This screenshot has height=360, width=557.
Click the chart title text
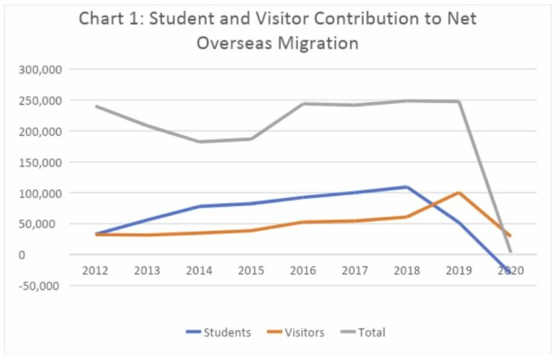click(x=278, y=30)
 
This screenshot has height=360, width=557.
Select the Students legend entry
click(x=227, y=333)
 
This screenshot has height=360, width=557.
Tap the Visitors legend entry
click(x=304, y=333)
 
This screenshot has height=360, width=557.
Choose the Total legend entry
click(x=371, y=333)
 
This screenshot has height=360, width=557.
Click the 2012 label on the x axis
click(x=96, y=271)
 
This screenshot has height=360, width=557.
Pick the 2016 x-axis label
click(x=303, y=271)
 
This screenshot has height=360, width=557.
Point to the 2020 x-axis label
click(x=511, y=271)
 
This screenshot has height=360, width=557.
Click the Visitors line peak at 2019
click(x=459, y=193)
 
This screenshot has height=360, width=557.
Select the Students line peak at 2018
click(x=407, y=186)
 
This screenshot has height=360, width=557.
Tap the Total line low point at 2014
click(x=200, y=142)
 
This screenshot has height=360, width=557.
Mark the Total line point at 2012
click(x=97, y=106)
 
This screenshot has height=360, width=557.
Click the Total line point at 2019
click(x=459, y=102)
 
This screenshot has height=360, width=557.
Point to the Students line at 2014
click(x=200, y=206)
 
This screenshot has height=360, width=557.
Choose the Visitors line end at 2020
click(x=510, y=236)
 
